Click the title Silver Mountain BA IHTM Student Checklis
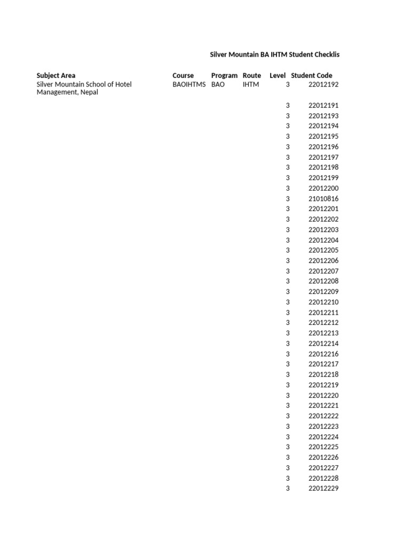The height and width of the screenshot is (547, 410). tap(274, 54)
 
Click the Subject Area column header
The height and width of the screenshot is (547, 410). tap(56, 75)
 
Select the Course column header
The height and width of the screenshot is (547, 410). tap(183, 75)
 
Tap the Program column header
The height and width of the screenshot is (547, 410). tap(224, 75)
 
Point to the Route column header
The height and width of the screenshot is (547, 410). tap(251, 75)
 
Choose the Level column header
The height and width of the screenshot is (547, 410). tap(278, 75)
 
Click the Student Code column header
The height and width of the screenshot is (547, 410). tap(311, 75)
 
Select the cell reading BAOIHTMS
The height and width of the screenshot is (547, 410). tap(189, 84)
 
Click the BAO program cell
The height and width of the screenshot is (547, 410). tap(218, 84)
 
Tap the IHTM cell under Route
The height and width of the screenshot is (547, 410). tap(250, 84)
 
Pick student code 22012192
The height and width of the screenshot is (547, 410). tap(324, 84)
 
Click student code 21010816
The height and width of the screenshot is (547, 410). tap(324, 199)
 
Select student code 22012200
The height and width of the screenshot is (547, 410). tap(324, 188)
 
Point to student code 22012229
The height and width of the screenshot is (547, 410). tap(324, 488)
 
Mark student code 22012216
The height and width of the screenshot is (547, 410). tap(324, 354)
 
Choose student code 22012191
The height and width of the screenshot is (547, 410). tap(324, 105)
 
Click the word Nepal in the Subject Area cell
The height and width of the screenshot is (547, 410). tap(89, 92)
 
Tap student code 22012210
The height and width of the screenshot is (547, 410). tap(324, 302)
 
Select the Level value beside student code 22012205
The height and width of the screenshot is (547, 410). tap(288, 250)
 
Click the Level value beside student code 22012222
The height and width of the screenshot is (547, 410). tap(288, 416)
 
